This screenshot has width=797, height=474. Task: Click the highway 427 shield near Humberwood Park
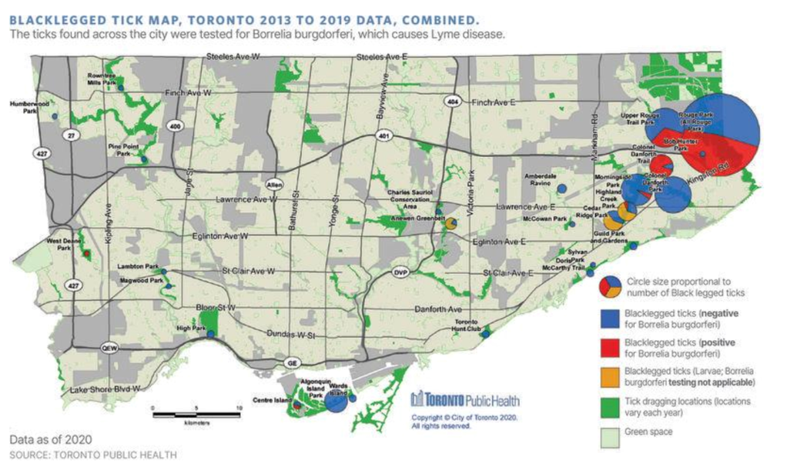(x=38, y=153)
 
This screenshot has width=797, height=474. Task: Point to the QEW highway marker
(x=109, y=347)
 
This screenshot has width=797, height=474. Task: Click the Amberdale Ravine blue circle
(x=562, y=188)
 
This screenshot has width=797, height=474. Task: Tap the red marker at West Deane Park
(x=87, y=253)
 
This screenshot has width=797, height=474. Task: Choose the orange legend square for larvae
(x=611, y=376)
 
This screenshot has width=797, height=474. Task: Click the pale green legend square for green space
(x=611, y=432)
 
